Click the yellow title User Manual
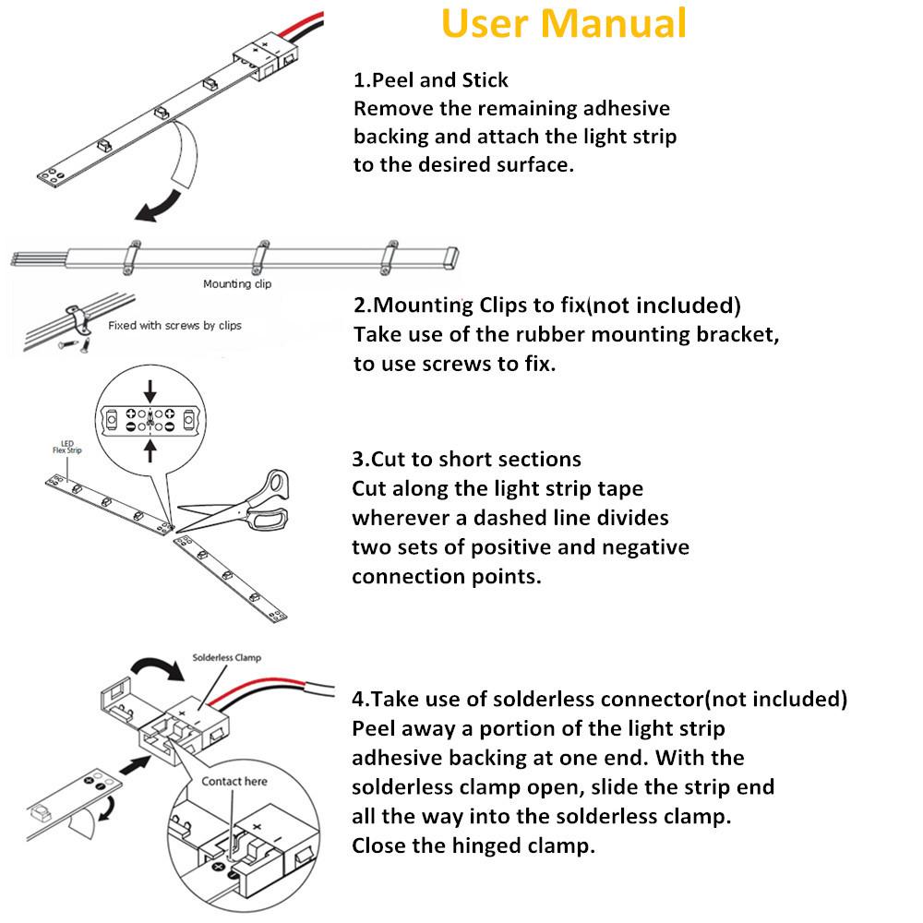pos(564,24)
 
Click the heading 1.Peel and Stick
pos(431,79)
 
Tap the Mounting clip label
pos(237,284)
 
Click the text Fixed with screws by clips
pos(174,326)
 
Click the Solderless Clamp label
pos(227,658)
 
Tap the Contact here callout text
pos(234,782)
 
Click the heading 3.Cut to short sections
pos(467,459)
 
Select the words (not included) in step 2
pos(664,306)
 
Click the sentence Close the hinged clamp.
pos(473,845)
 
